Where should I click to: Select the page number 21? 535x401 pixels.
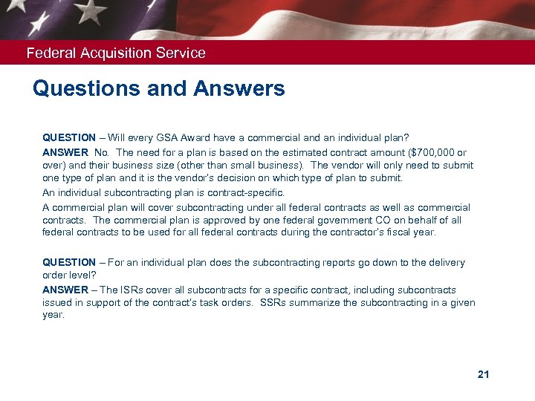pos(483,374)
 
